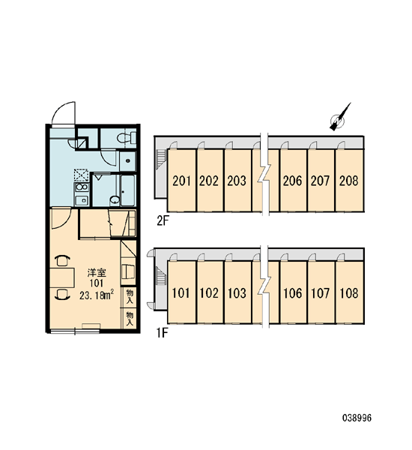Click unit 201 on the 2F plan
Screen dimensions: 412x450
[182, 181]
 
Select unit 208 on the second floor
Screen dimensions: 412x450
[349, 181]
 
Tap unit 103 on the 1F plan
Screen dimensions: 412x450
[237, 292]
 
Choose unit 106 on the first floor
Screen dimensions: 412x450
[293, 292]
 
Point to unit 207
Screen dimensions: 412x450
[321, 181]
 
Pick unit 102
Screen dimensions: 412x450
[210, 292]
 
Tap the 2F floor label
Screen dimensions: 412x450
[161, 221]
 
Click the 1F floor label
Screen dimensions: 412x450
[161, 333]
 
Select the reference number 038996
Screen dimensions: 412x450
[357, 418]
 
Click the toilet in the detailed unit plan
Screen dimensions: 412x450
[127, 137]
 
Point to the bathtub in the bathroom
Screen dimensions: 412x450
[127, 190]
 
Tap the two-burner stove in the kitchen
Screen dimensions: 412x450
[82, 187]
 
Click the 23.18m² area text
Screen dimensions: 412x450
[97, 295]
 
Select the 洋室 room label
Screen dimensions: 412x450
[97, 273]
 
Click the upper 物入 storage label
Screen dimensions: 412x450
[130, 297]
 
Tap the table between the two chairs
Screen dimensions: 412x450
[62, 277]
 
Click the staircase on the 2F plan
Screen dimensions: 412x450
[161, 159]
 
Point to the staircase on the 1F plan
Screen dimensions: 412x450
[161, 275]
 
